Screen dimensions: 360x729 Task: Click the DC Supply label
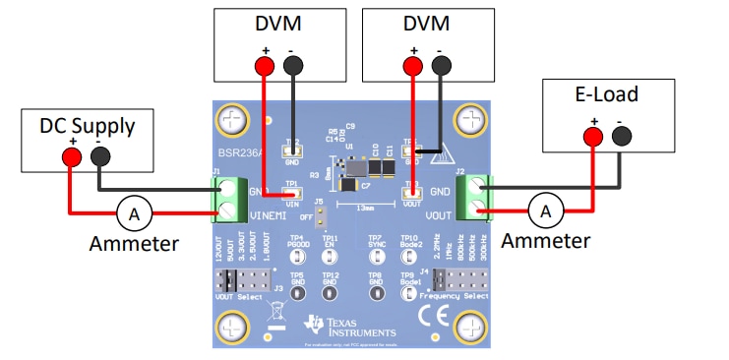pos(87,125)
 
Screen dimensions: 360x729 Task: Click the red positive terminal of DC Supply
pos(71,157)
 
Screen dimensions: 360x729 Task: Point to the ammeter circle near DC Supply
pos(127,210)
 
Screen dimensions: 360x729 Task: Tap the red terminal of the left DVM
pos(264,66)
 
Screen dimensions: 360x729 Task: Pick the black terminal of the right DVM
pos(440,66)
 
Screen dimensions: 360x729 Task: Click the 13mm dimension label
pos(366,209)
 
